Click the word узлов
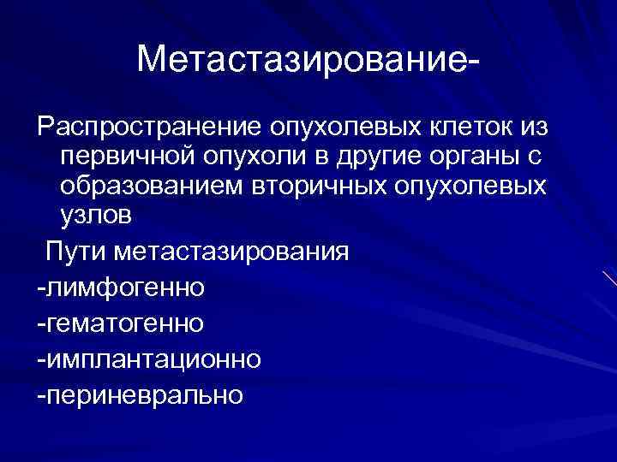pos(97,215)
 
